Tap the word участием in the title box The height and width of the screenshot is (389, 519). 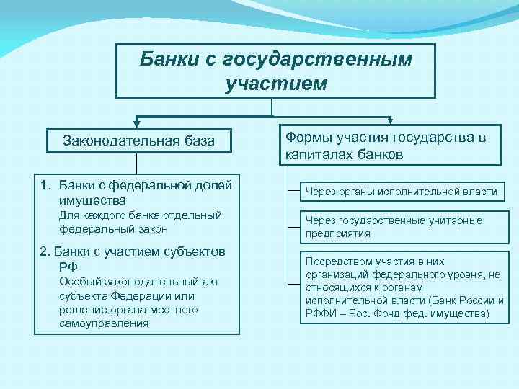(x=275, y=84)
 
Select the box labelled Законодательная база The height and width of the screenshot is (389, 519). (x=138, y=140)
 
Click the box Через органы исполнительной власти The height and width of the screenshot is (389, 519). (x=402, y=192)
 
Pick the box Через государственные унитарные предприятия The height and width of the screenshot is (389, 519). (x=402, y=227)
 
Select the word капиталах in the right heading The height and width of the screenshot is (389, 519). (x=317, y=154)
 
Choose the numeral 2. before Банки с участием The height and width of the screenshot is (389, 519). (x=45, y=251)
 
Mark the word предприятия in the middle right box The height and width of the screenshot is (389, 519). (x=338, y=233)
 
